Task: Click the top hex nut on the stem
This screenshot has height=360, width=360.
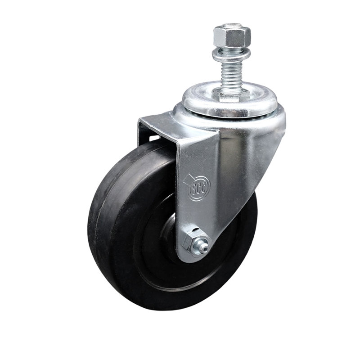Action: click(x=231, y=36)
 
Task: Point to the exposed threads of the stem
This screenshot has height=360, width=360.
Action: click(x=230, y=75)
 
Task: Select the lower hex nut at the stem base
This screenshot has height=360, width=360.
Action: click(x=231, y=95)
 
